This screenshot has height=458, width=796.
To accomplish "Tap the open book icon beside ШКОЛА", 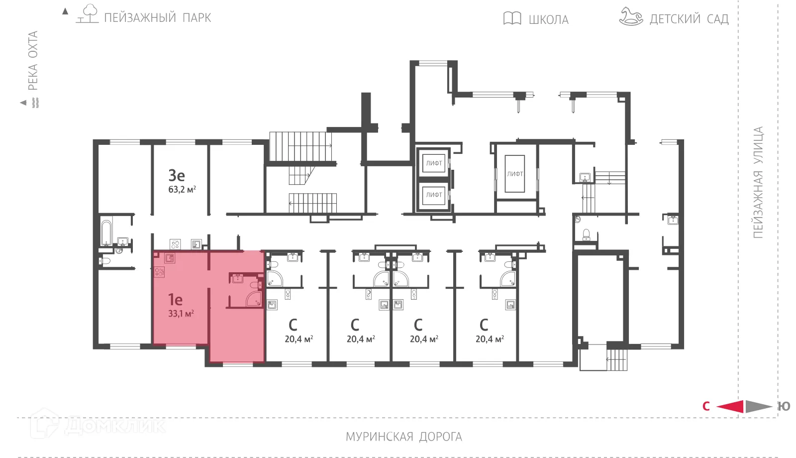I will [512, 18].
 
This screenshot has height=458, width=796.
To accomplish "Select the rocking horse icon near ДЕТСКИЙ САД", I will [630, 16].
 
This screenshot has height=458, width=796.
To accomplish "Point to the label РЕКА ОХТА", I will [33, 60].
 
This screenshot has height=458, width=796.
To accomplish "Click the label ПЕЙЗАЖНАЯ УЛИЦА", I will [758, 182].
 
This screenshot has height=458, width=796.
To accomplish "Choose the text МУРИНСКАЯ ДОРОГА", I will [403, 437].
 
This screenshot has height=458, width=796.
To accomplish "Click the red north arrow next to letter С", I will [730, 406].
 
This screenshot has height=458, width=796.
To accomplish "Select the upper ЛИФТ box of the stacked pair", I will [434, 163].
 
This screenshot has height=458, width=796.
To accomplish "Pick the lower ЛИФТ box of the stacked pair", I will [434, 195].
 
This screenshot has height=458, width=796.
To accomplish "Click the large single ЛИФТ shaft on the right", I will [515, 174].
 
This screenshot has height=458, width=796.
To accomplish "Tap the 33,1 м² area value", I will [181, 314].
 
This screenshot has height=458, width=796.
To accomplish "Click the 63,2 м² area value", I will [182, 189].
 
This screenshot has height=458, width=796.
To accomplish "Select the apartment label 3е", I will [177, 175].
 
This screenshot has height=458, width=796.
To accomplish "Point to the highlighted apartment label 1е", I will [175, 299].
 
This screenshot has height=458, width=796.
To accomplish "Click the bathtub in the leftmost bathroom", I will [106, 233].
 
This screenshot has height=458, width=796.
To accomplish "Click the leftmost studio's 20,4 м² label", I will [298, 339].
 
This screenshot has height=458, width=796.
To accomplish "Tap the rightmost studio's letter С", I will [484, 325].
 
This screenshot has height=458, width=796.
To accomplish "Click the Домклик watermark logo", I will [98, 425].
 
